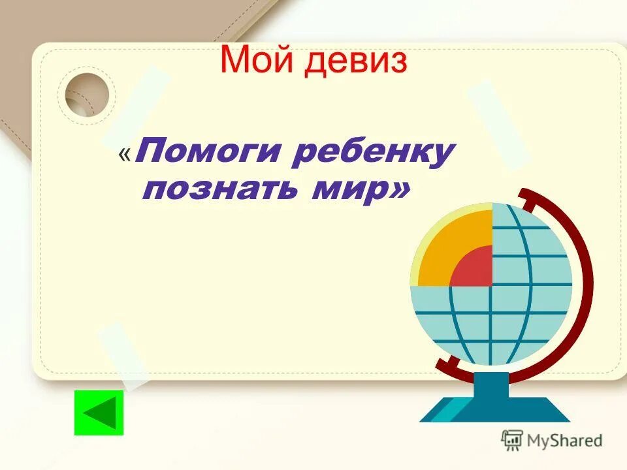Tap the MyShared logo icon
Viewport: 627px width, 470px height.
pyautogui.click(x=512, y=440)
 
